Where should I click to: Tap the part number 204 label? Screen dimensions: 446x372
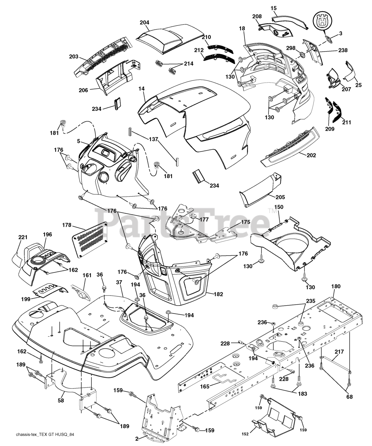pos(144,23)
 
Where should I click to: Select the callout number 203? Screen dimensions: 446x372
pos(74,57)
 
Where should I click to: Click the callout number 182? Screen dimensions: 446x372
pos(218,294)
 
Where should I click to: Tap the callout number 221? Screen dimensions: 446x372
pos(23,237)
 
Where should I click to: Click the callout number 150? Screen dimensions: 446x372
pos(279,207)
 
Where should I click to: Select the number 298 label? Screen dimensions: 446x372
pos(291,47)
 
